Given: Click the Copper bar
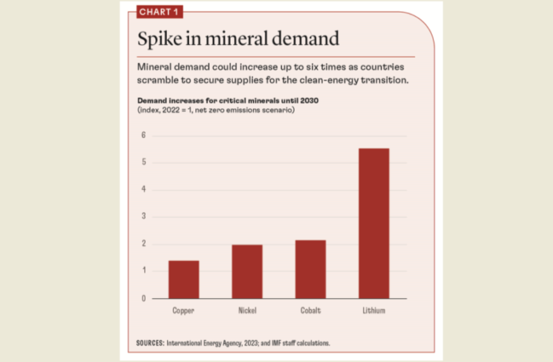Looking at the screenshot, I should point(183,279).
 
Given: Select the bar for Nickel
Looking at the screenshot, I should point(247,271).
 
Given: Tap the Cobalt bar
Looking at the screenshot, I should point(310,269).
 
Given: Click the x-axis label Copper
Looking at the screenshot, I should point(183,311).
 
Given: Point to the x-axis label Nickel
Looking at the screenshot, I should point(247,311).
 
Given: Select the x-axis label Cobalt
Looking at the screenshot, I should point(310,311).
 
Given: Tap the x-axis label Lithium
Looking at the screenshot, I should point(373,311).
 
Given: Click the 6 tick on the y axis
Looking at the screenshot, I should point(143,135).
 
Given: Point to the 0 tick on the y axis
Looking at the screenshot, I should point(143,298).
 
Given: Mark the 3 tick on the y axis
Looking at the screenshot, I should point(143,217).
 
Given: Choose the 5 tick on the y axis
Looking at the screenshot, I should point(143,162).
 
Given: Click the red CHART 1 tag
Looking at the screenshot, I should point(158,11).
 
